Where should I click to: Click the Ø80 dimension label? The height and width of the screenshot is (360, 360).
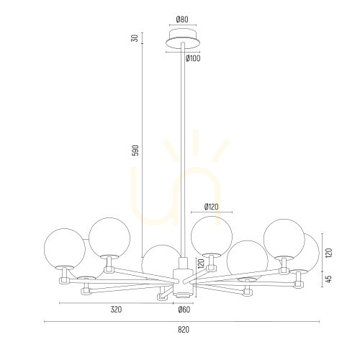click(182, 19)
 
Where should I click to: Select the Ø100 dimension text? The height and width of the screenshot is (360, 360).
click(193, 58)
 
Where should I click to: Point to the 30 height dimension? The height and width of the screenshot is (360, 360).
click(135, 38)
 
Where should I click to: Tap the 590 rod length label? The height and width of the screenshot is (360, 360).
click(135, 150)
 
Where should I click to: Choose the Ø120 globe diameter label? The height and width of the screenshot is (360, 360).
click(212, 207)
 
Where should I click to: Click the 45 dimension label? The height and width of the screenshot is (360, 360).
click(329, 279)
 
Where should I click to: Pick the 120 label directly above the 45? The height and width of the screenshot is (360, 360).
click(329, 253)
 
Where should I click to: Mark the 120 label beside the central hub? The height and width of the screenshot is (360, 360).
click(201, 264)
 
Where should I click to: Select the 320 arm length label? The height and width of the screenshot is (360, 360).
click(116, 310)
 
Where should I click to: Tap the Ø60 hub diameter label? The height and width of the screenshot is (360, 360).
click(184, 310)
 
